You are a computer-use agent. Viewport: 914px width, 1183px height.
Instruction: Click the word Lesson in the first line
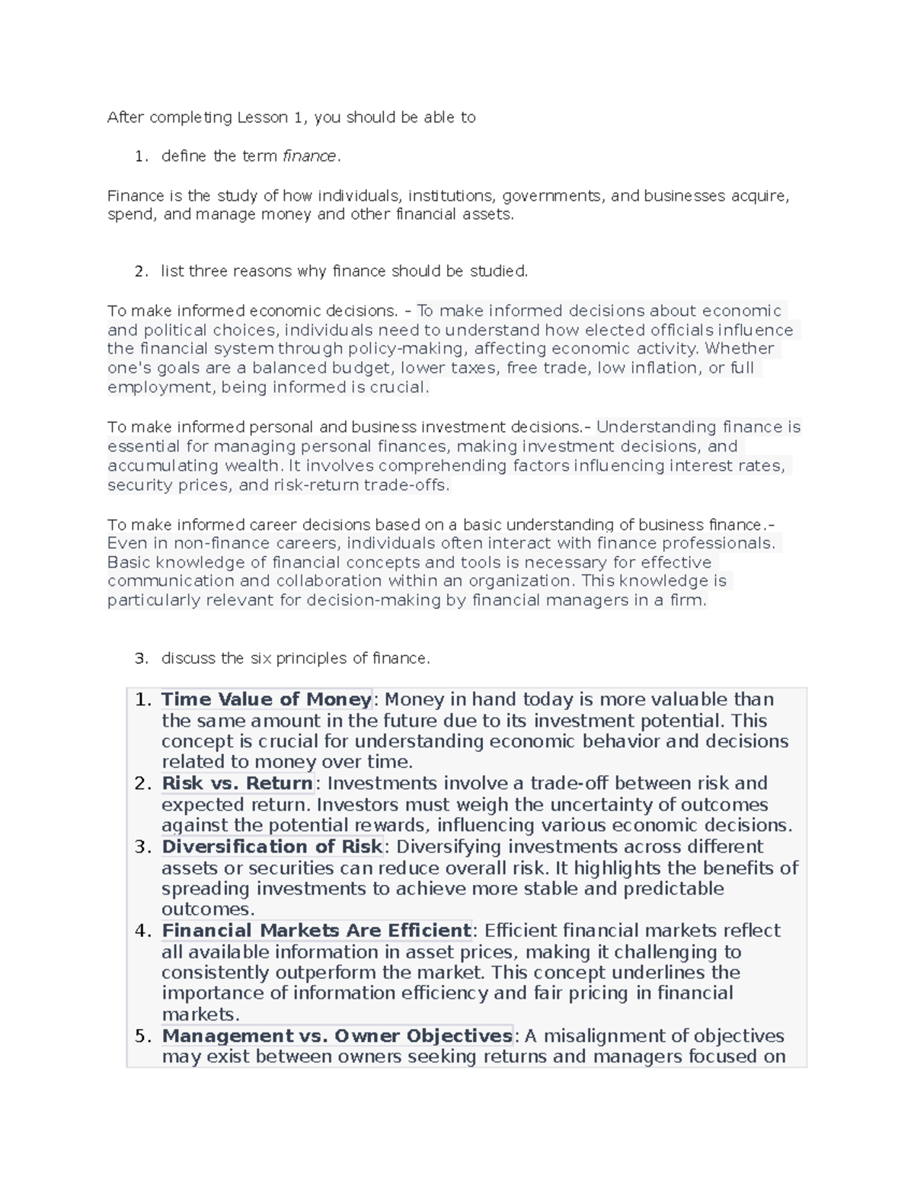point(262,117)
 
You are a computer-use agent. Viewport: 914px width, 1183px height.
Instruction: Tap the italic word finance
point(309,156)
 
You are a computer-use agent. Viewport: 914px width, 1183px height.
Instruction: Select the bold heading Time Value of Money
point(267,699)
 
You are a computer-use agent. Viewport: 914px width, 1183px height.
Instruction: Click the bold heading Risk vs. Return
point(238,783)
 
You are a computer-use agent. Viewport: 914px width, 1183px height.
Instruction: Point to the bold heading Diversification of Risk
point(272,846)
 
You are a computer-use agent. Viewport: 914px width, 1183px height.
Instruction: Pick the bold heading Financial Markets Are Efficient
point(316,930)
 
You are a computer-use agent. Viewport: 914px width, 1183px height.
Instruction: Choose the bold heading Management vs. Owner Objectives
point(337,1036)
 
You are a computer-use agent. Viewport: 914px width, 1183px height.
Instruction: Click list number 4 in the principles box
point(142,931)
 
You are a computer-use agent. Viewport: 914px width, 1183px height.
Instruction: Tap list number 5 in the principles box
point(142,1036)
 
